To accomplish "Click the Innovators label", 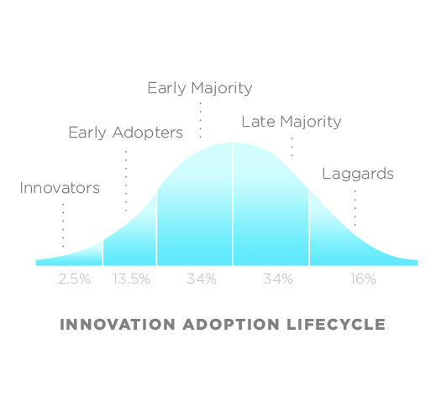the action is pyautogui.click(x=60, y=188).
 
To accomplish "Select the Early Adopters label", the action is pyautogui.click(x=125, y=133).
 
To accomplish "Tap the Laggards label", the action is pyautogui.click(x=358, y=174).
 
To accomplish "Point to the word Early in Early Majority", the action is pyautogui.click(x=166, y=88).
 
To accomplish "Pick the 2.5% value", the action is pyautogui.click(x=75, y=279).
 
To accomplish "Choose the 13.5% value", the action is pyautogui.click(x=131, y=279).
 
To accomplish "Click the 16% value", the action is pyautogui.click(x=363, y=279).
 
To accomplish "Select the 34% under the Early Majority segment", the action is pyautogui.click(x=202, y=279).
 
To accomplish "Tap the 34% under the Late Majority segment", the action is pyautogui.click(x=278, y=279).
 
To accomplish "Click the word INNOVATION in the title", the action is pyautogui.click(x=118, y=325).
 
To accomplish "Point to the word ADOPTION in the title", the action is pyautogui.click(x=231, y=325).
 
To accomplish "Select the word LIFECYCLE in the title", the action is pyautogui.click(x=336, y=325).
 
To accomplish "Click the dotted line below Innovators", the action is pyautogui.click(x=63, y=226).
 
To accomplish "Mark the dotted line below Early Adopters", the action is pyautogui.click(x=126, y=181).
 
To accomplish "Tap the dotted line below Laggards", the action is pyautogui.click(x=355, y=208).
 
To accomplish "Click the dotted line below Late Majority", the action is pyautogui.click(x=292, y=147).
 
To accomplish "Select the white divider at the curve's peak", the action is pyautogui.click(x=233, y=204).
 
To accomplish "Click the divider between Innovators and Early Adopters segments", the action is pyautogui.click(x=102, y=253).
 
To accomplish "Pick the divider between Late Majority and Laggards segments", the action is pyautogui.click(x=309, y=228).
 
